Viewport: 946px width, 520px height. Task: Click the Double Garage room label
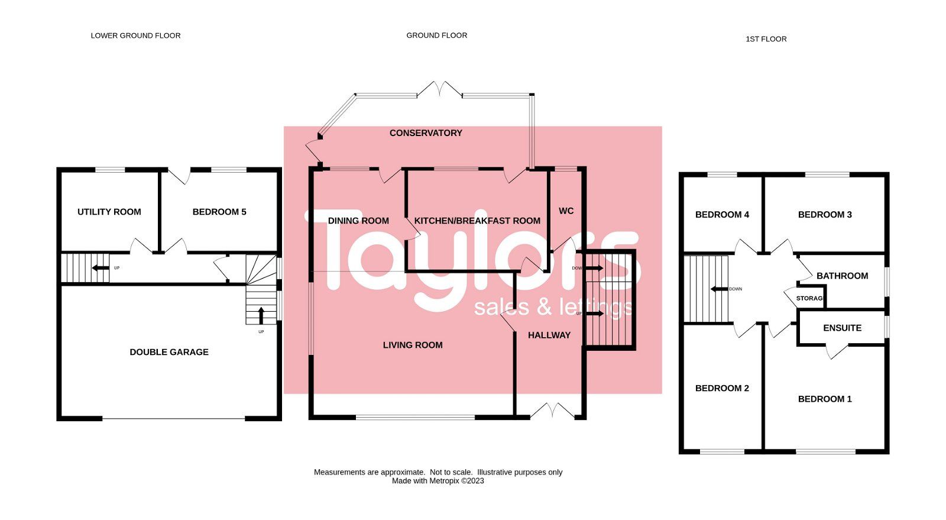click(169, 352)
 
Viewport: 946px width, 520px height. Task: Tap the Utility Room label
click(109, 212)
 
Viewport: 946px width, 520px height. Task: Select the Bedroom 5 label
click(219, 212)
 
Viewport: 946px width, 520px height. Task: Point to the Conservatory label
click(426, 133)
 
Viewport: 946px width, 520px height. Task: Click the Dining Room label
click(358, 221)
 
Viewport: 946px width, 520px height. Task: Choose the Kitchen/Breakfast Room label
click(477, 221)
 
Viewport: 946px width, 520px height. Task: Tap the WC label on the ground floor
click(566, 211)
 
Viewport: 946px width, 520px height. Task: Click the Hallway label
click(549, 335)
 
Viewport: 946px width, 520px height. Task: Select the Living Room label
click(413, 345)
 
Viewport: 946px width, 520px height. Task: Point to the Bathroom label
click(842, 276)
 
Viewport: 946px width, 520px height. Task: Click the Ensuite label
click(842, 328)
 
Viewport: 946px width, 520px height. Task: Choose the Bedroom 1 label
click(825, 399)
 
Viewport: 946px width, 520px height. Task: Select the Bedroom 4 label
click(722, 215)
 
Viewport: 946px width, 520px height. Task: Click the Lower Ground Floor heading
click(135, 35)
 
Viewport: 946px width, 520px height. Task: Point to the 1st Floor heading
click(766, 39)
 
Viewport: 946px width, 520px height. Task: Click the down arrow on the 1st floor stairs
click(719, 289)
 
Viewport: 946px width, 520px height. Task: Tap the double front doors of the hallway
click(552, 411)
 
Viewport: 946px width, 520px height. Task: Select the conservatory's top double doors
click(439, 89)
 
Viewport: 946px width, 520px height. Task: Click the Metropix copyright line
click(438, 481)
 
